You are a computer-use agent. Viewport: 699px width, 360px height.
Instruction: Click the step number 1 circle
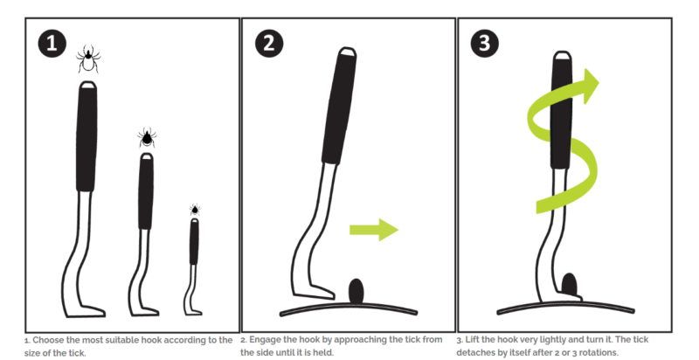(x=52, y=43)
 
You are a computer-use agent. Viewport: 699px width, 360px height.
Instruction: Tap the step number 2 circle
(x=269, y=43)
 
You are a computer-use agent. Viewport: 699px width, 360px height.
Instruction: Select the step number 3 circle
(x=485, y=43)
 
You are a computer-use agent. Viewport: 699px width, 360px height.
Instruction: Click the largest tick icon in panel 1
(x=88, y=59)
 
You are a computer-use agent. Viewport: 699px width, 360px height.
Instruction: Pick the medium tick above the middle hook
(x=147, y=138)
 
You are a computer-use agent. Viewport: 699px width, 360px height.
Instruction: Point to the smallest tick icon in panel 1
(x=194, y=210)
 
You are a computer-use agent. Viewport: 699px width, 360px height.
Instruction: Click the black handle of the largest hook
(x=87, y=136)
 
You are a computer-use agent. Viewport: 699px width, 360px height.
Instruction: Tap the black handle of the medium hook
(x=146, y=191)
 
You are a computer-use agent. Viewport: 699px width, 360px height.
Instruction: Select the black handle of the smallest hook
(x=194, y=241)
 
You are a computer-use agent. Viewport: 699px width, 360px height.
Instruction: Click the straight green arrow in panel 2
(x=374, y=230)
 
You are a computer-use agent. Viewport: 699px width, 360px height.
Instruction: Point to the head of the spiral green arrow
(x=590, y=86)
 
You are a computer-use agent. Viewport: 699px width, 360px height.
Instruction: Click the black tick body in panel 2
(x=356, y=291)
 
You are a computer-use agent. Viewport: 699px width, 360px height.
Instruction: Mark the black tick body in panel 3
(x=570, y=285)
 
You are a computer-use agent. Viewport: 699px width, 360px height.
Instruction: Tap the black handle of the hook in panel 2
(x=339, y=106)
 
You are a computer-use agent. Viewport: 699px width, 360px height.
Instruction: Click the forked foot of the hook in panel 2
(x=314, y=292)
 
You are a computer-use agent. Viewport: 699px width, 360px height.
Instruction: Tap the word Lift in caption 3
(x=472, y=340)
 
